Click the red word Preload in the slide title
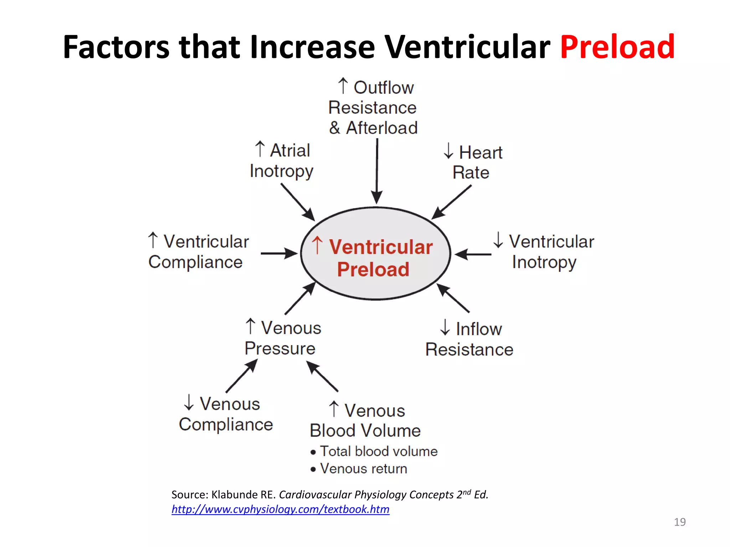(x=617, y=47)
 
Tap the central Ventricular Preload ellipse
(x=375, y=254)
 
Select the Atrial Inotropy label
(x=282, y=160)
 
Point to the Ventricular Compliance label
(x=199, y=251)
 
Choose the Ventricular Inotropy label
(x=544, y=251)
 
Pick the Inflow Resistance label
(x=469, y=339)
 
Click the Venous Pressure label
(x=283, y=338)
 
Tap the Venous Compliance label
(x=226, y=414)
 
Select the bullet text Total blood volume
(x=379, y=451)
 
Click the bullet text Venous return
(x=364, y=469)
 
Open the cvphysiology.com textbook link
(x=280, y=509)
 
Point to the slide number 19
(x=679, y=522)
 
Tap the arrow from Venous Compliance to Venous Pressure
(x=241, y=376)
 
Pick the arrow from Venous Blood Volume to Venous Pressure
(x=322, y=376)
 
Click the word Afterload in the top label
(x=382, y=128)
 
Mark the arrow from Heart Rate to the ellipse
(x=451, y=202)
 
